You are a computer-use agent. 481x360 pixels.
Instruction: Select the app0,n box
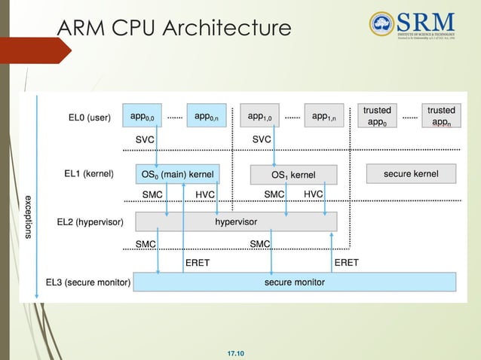tap(206, 117)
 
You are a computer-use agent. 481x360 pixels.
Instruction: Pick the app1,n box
tap(323, 117)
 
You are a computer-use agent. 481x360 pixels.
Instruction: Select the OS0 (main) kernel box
tap(178, 175)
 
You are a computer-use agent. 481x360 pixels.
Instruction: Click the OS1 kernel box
tap(293, 175)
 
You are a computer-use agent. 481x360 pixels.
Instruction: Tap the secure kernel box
tap(411, 174)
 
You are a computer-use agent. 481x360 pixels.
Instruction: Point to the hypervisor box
tap(236, 221)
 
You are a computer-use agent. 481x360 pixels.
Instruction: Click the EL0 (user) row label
tap(89, 117)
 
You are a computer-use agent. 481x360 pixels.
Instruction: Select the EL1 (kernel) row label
tap(89, 174)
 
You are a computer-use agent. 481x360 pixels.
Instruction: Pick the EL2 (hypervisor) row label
tap(90, 222)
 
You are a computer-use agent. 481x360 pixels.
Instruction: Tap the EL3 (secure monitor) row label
tap(87, 282)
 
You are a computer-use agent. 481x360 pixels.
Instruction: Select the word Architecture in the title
tap(230, 29)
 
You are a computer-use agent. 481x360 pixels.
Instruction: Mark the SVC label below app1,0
tap(262, 140)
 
